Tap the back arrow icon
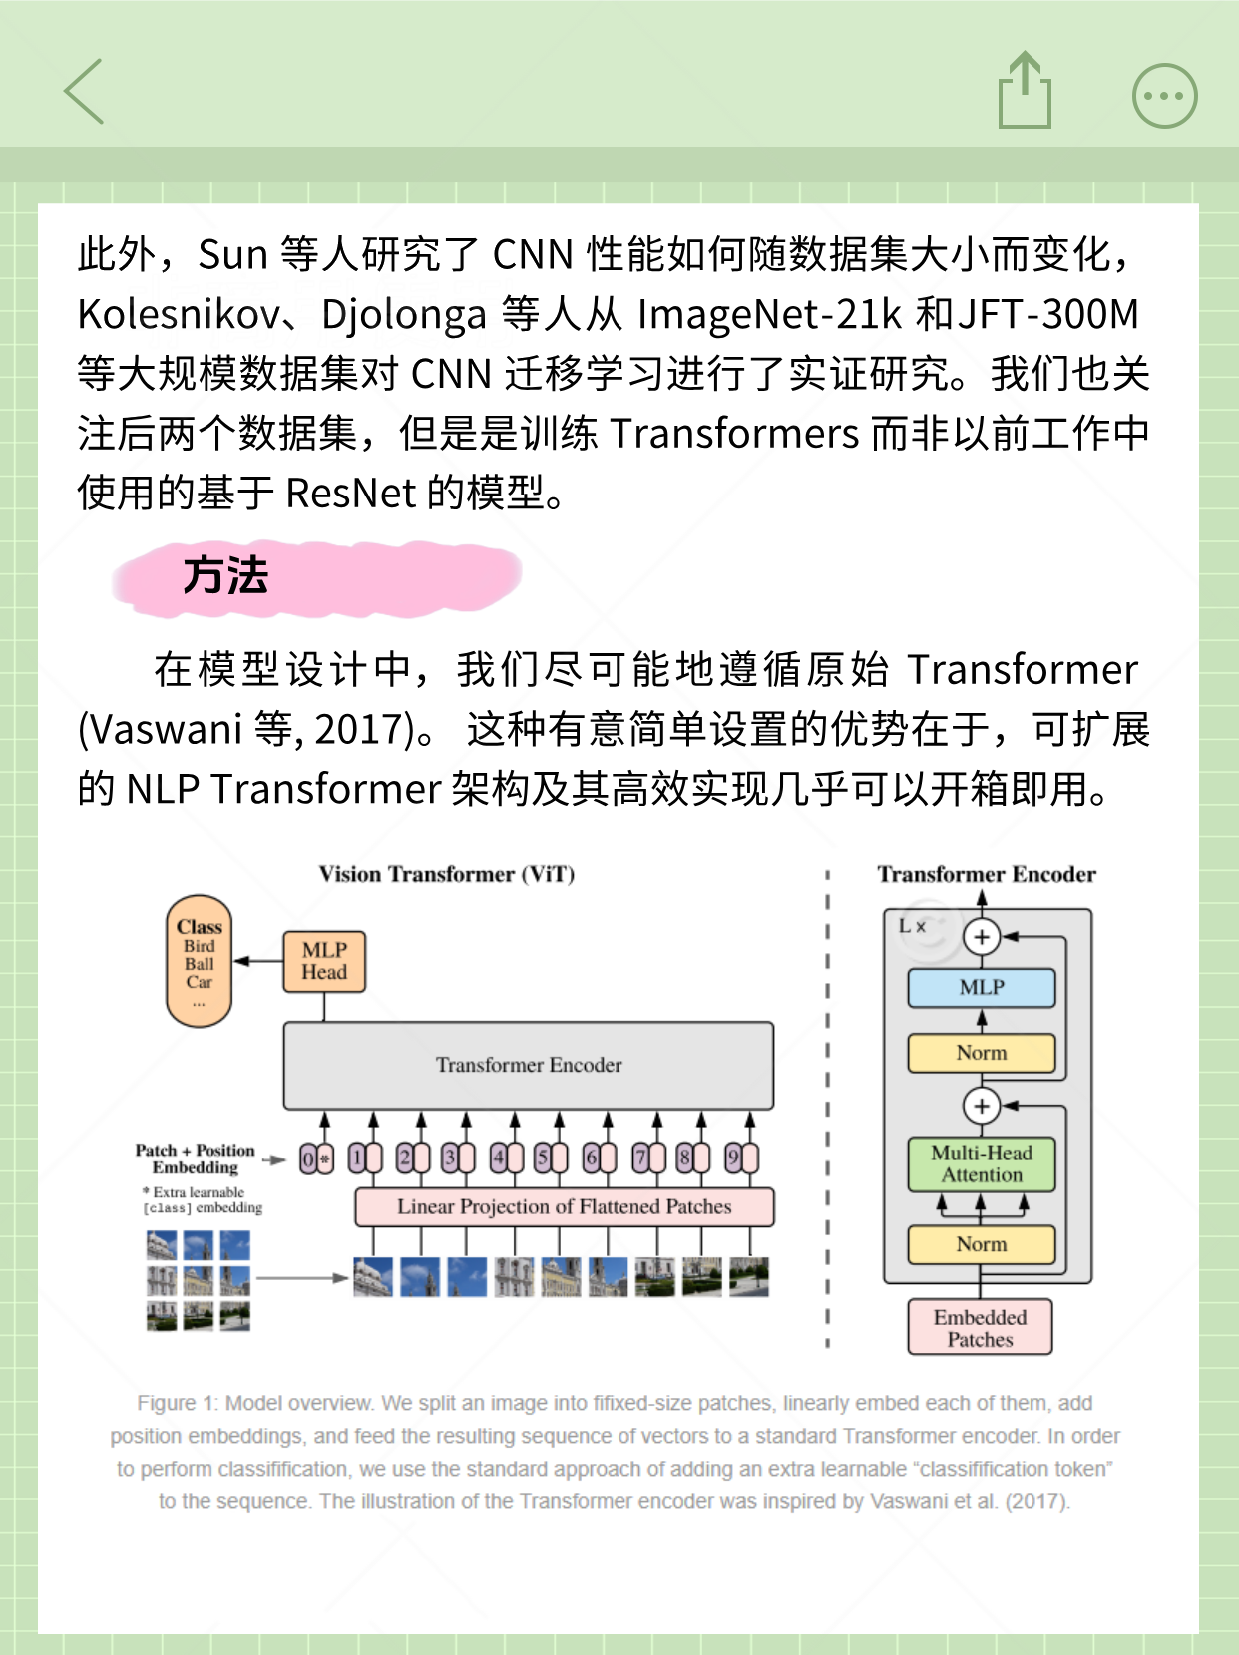[85, 92]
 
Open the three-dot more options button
[1164, 96]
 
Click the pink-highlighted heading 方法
[225, 576]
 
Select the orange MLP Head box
[324, 961]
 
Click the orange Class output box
[199, 960]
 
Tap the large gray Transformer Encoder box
[529, 1065]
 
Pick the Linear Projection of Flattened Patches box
[564, 1206]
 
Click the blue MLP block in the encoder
[981, 987]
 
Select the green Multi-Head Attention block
[981, 1163]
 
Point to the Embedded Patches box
[980, 1328]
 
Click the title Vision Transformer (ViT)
[446, 874]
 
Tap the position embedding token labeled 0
[308, 1158]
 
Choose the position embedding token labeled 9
[733, 1158]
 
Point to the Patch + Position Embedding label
[196, 1158]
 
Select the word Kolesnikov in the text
[179, 315]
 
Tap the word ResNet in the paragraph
[350, 493]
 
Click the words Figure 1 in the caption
[176, 1403]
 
